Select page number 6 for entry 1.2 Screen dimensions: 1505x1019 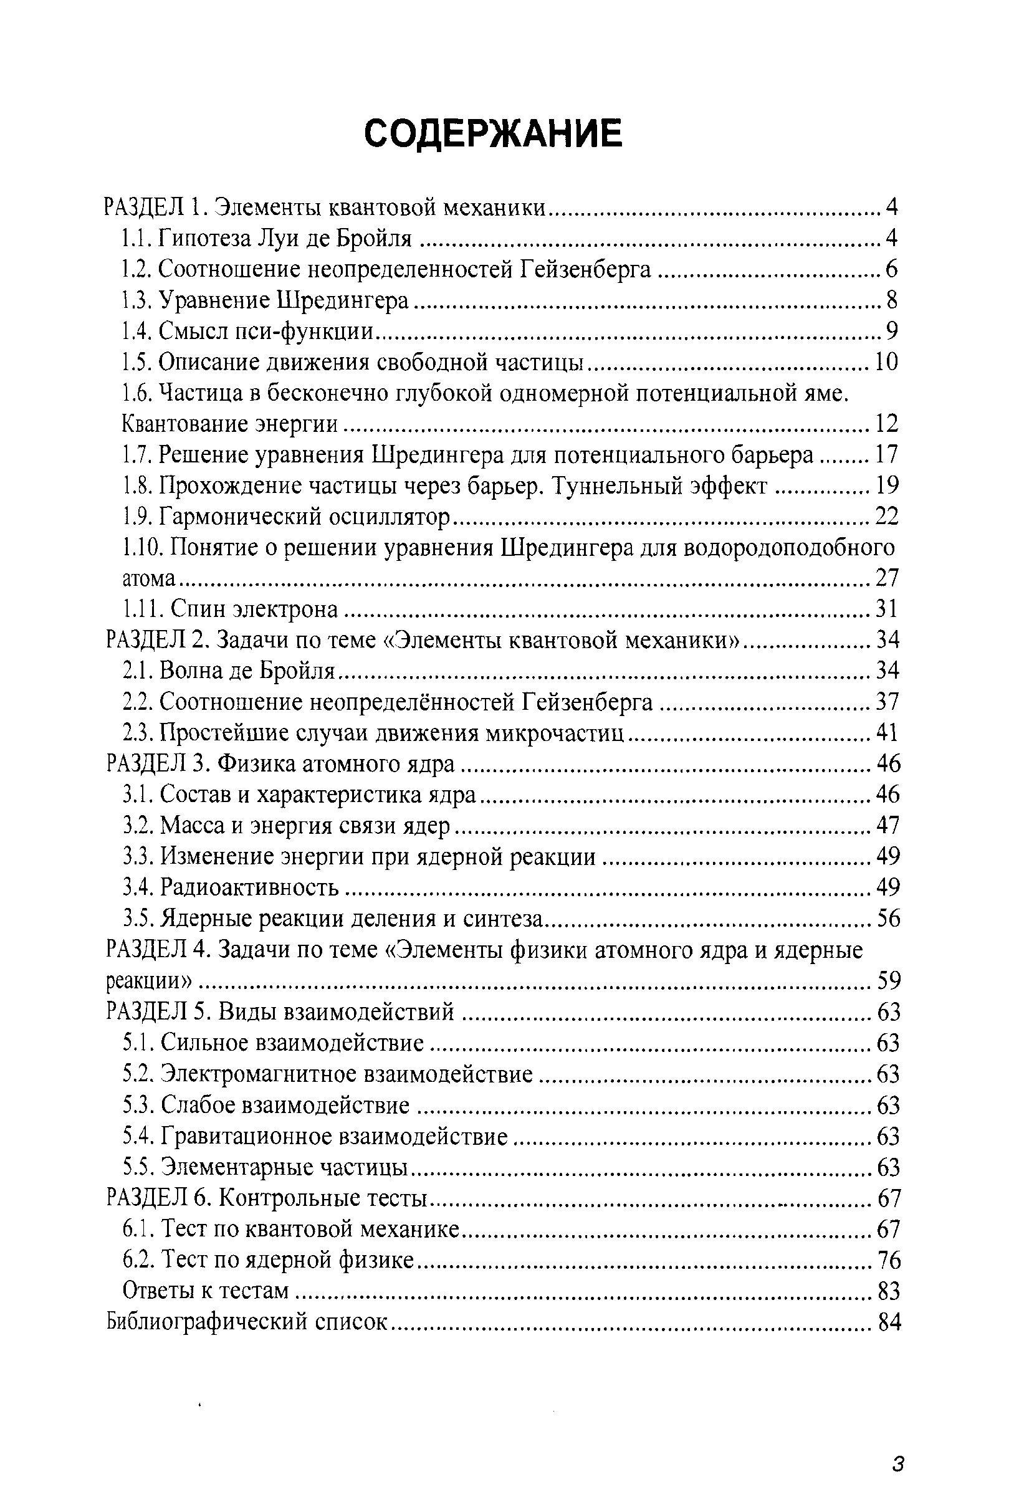coord(891,269)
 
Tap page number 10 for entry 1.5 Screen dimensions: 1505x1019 coord(886,362)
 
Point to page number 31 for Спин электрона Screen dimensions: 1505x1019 coord(886,609)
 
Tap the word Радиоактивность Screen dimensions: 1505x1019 coord(249,887)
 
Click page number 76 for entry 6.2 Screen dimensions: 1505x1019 coord(887,1260)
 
